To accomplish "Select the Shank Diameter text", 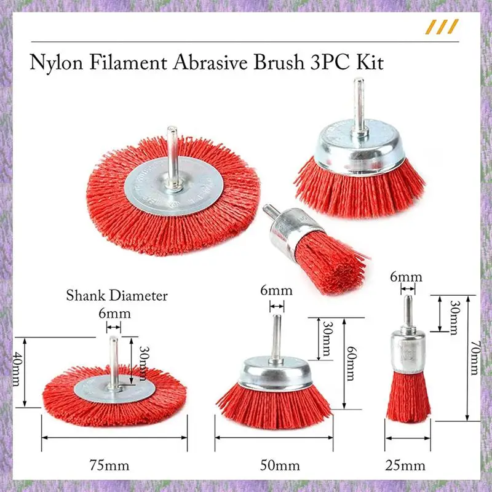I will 117,296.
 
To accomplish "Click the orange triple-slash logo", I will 443,26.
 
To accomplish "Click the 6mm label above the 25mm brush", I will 406,277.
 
